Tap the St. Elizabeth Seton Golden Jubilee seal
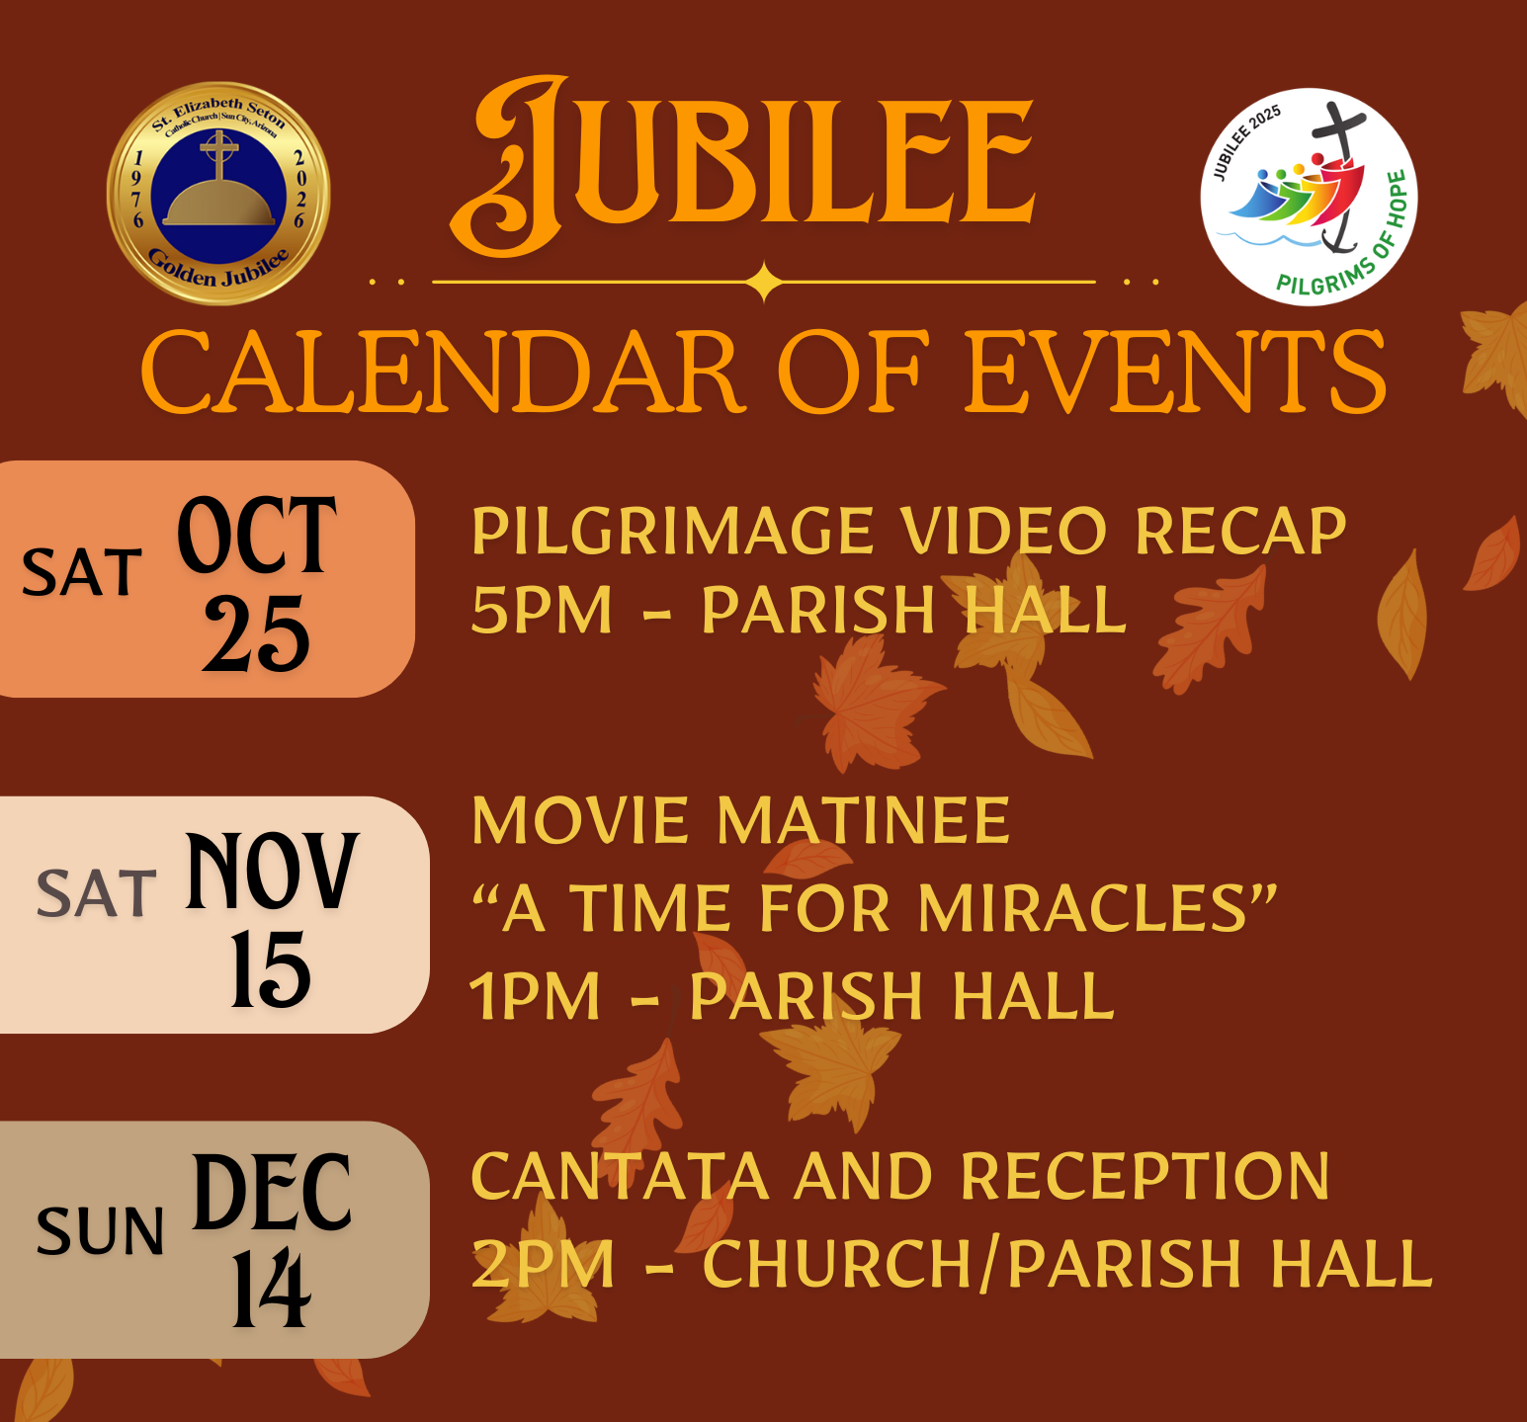click(x=218, y=194)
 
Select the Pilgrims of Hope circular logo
click(x=1310, y=197)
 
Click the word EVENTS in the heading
click(x=1175, y=373)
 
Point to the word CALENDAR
click(x=443, y=373)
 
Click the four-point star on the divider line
click(x=764, y=282)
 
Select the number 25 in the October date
click(x=256, y=633)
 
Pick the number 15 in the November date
click(x=271, y=969)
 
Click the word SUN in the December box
click(x=100, y=1231)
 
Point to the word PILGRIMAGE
click(x=672, y=532)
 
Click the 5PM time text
click(x=542, y=610)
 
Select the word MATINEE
click(x=863, y=820)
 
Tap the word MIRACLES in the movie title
click(x=1084, y=907)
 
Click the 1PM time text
click(x=535, y=995)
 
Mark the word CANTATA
click(x=620, y=1176)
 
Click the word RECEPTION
click(x=1145, y=1176)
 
